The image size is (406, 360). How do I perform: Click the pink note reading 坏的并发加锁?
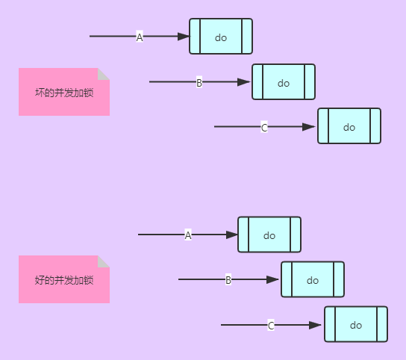63,93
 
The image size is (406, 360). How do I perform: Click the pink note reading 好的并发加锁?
63,280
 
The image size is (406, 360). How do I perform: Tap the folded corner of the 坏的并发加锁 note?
104,74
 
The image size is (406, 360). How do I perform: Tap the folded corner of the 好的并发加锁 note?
104,261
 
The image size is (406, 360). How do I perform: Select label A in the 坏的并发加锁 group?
140,37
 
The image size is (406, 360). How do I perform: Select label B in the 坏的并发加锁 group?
199,82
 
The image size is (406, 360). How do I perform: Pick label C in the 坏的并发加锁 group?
264,127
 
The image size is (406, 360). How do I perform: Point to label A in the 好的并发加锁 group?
188,235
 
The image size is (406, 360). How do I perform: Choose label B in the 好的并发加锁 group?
228,279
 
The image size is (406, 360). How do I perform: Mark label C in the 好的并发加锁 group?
271,325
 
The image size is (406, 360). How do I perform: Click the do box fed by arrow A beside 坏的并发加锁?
221,37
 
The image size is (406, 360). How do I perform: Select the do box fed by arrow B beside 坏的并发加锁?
284,82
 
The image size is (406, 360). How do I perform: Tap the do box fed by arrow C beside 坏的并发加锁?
349,126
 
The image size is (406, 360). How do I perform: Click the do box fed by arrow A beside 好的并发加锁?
269,235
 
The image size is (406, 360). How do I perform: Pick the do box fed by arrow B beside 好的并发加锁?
313,279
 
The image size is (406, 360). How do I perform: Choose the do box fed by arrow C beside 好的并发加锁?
356,324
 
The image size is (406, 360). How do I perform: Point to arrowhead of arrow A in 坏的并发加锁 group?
184,37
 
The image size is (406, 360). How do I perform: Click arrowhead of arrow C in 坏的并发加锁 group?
309,127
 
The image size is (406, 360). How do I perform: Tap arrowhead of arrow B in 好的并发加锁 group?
272,279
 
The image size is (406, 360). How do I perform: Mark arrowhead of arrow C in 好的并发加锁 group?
316,325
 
